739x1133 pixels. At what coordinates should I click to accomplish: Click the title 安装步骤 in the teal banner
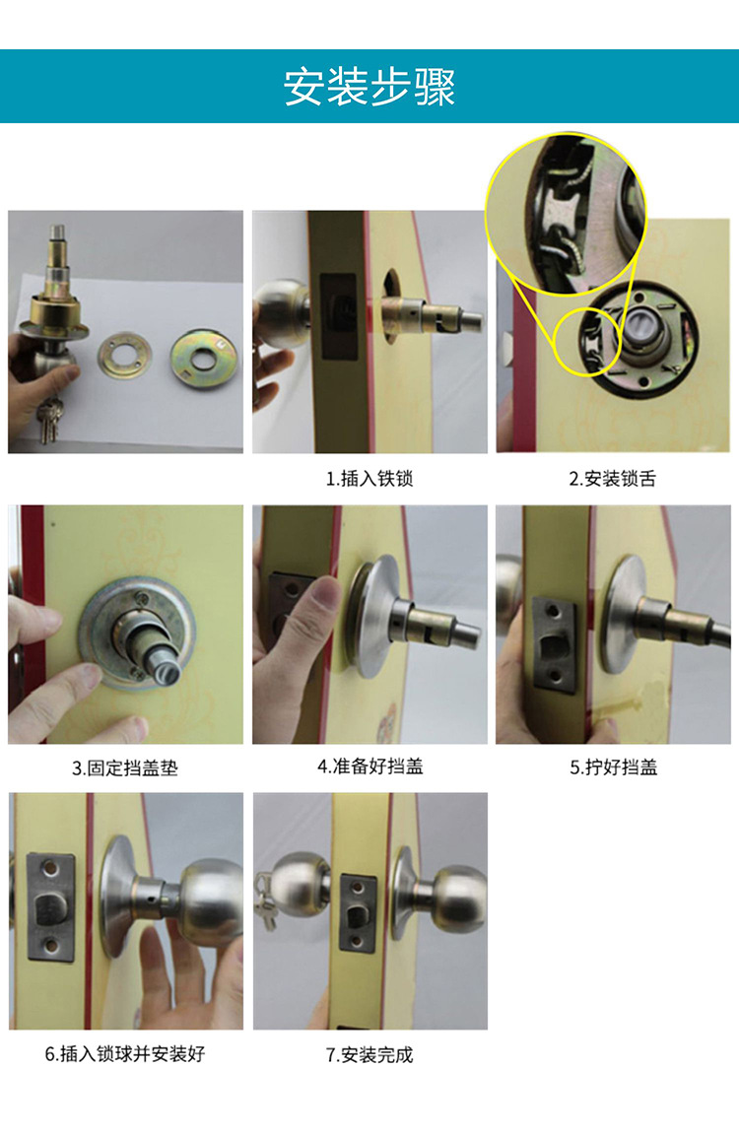369,87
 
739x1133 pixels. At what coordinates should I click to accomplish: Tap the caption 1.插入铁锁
369,480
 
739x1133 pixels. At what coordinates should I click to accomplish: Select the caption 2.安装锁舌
612,480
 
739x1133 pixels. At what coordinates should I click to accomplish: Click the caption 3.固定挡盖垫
125,768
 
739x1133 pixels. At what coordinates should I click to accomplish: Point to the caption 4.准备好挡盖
369,766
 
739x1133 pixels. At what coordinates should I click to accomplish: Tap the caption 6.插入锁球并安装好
125,1054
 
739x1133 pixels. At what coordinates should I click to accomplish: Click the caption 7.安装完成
369,1055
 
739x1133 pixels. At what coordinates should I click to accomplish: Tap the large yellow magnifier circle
565,214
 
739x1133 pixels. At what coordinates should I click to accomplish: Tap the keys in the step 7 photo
263,901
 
